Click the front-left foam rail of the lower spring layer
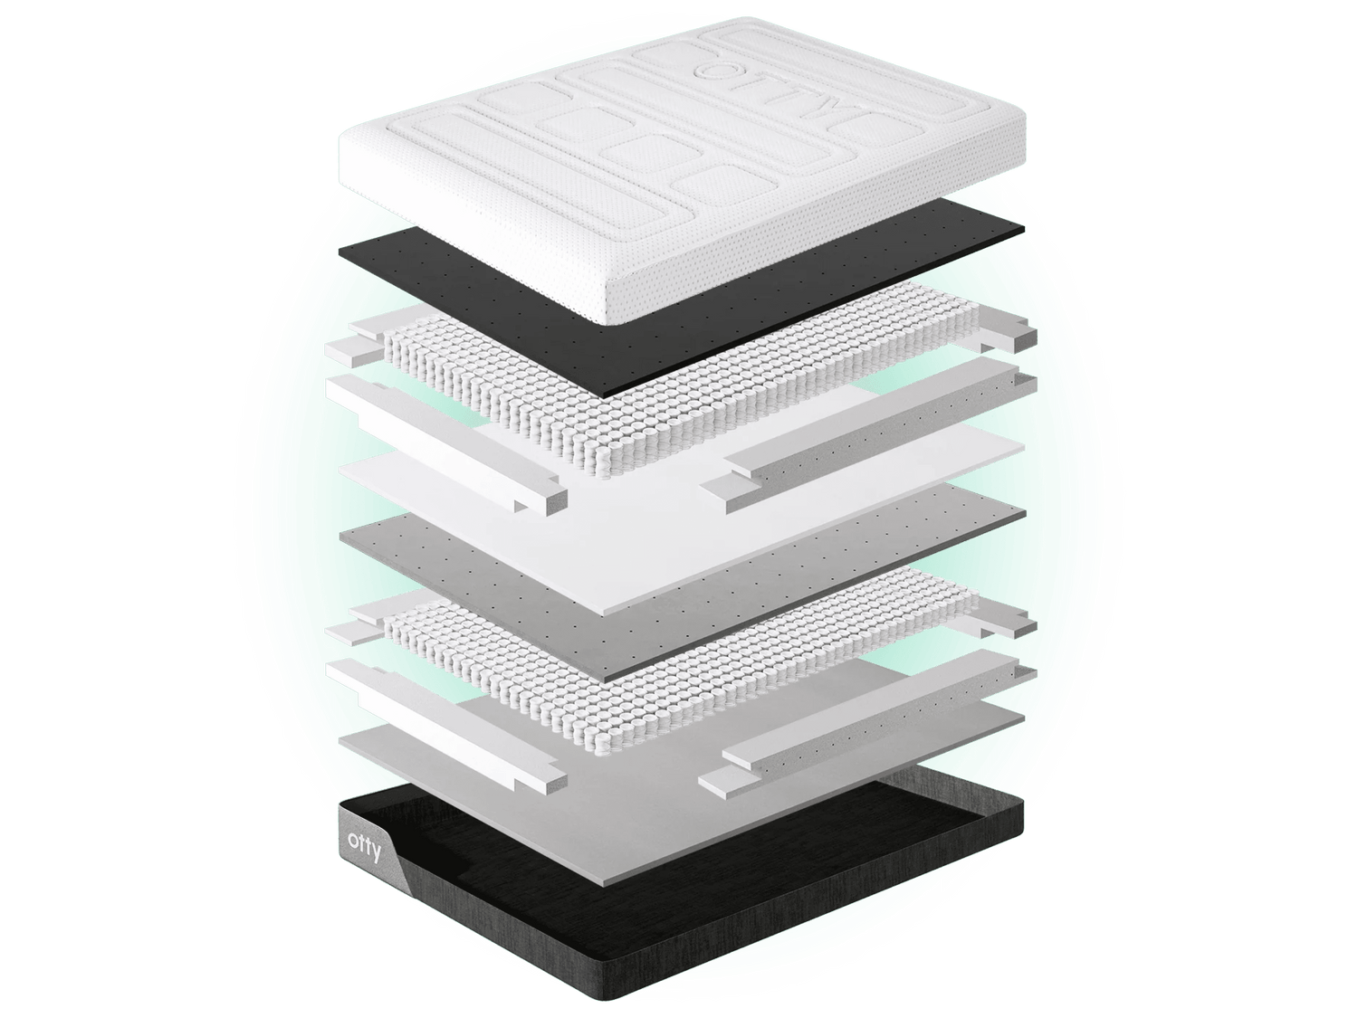(x=445, y=729)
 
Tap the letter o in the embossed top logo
(x=712, y=70)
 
